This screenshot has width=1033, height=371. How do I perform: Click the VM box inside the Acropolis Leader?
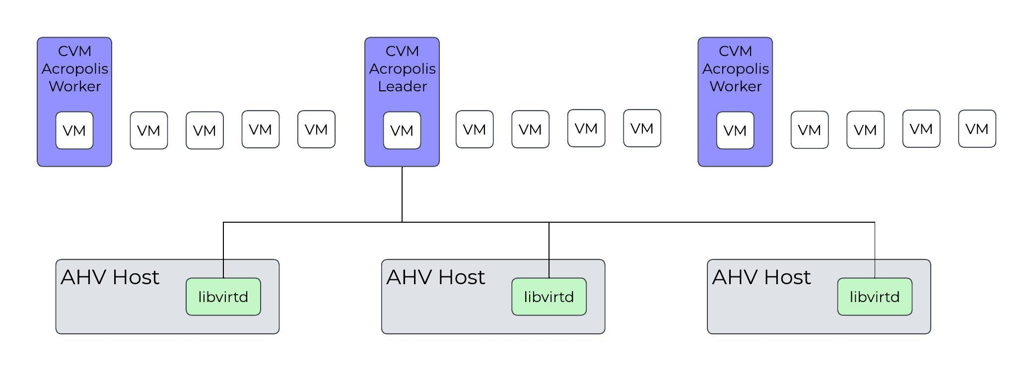point(402,130)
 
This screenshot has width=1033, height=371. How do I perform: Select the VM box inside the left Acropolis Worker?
point(74,130)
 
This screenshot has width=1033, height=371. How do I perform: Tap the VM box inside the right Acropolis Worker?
point(735,130)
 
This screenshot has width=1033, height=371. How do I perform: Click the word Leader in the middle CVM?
point(402,86)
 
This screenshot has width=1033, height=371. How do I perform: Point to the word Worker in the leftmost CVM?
point(74,86)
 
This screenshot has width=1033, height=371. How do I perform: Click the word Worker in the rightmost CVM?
point(735,86)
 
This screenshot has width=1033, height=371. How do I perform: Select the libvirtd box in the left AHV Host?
point(223,297)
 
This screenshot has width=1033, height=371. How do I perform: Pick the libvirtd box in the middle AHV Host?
point(549,297)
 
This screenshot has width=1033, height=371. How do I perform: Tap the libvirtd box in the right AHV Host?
point(874,297)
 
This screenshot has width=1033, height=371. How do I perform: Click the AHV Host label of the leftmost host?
point(110,277)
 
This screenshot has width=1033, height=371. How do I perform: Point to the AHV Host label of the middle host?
point(435,277)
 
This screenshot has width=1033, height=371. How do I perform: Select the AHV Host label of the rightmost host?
point(761,277)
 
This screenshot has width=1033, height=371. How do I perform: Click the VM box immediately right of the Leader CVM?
point(474,129)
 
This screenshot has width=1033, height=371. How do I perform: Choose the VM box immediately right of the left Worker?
point(148,130)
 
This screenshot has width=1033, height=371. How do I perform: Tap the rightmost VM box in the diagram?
point(976,129)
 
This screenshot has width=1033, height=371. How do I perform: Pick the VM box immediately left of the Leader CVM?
point(316,129)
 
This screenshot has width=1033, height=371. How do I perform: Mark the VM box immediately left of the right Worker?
point(641,128)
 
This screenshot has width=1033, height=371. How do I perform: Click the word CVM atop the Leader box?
point(402,51)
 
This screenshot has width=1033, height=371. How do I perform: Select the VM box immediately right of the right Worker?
point(809,130)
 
